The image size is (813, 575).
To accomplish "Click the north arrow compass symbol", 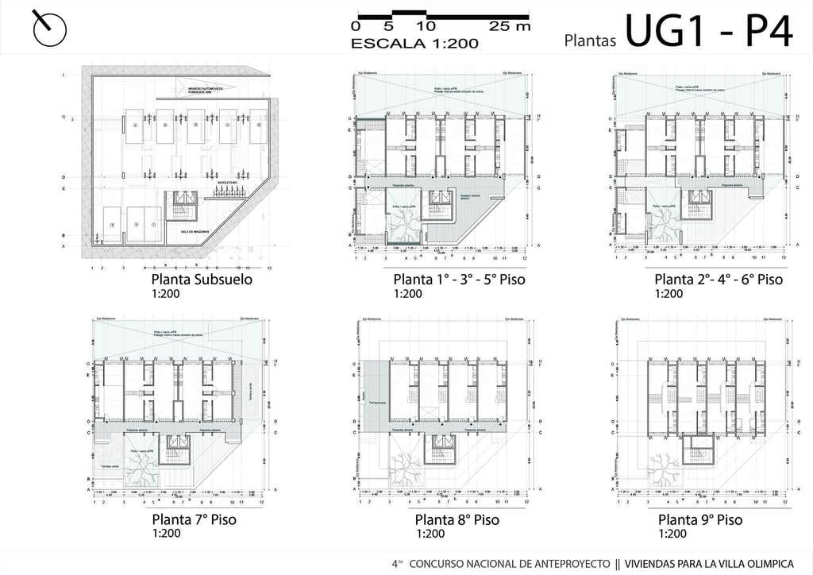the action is [49, 29].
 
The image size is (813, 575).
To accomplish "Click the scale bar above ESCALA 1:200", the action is [442, 15].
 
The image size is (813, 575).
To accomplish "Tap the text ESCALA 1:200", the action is [414, 44].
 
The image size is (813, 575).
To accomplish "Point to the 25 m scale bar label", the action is [510, 26].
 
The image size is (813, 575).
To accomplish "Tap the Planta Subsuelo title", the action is [202, 280].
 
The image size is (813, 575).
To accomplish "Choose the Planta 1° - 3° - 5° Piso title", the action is [459, 280].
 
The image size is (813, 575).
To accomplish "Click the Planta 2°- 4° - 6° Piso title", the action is [719, 280].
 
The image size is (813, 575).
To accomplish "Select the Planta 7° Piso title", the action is [194, 520].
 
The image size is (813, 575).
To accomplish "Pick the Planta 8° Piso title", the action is [457, 520].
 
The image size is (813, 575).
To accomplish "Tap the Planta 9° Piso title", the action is [700, 520].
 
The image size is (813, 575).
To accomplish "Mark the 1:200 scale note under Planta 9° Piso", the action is [672, 534].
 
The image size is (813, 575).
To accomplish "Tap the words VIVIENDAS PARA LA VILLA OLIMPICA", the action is [715, 563].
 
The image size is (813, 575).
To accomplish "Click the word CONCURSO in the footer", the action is [439, 563].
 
